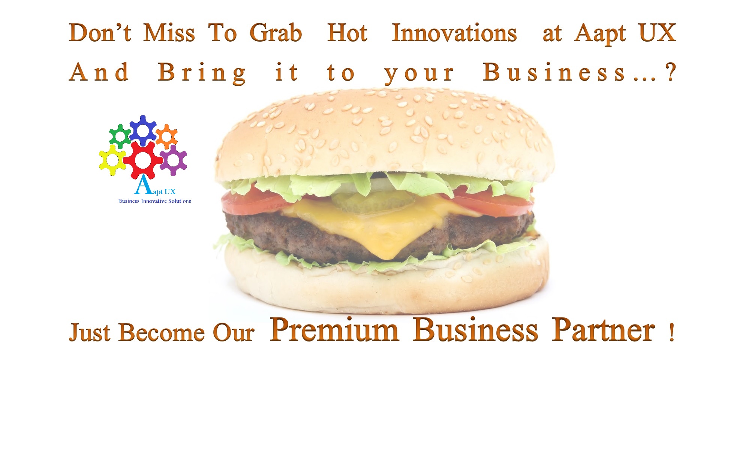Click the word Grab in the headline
pyautogui.click(x=276, y=33)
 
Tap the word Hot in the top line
pyautogui.click(x=347, y=33)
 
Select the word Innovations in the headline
pyautogui.click(x=454, y=33)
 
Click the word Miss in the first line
pyautogui.click(x=169, y=33)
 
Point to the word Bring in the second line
pyautogui.click(x=202, y=73)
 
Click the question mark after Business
pyautogui.click(x=670, y=72)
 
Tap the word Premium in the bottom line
pyautogui.click(x=334, y=329)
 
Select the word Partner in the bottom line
pyautogui.click(x=604, y=329)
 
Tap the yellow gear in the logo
pyautogui.click(x=112, y=160)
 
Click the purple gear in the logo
pyautogui.click(x=173, y=160)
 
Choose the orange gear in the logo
pyautogui.click(x=166, y=136)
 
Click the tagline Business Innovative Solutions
pyautogui.click(x=155, y=201)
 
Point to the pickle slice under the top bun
pyautogui.click(x=373, y=202)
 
